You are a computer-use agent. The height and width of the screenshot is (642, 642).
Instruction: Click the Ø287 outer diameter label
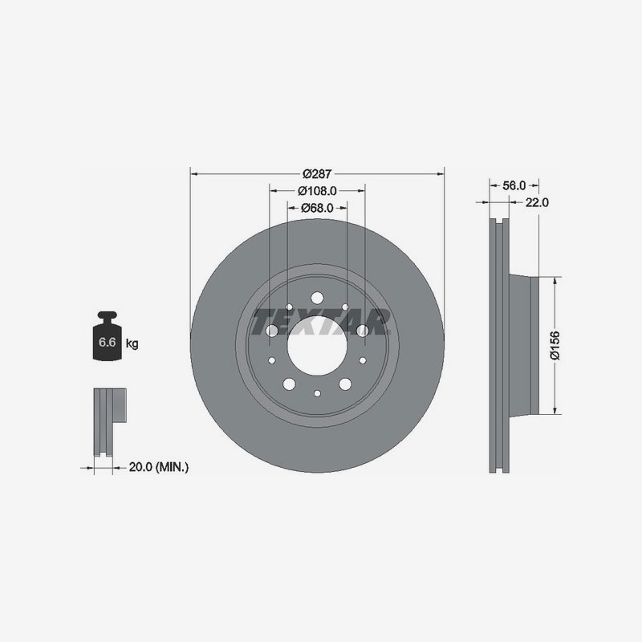point(317,173)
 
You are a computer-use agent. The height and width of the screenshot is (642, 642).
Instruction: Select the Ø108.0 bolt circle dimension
point(316,191)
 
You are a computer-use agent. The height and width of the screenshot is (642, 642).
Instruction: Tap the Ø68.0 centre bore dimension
point(316,209)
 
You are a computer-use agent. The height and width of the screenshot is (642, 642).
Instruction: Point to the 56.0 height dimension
point(514,185)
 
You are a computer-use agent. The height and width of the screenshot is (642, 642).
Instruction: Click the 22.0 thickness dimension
point(537,203)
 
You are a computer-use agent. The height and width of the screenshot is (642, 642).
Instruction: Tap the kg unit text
point(132,343)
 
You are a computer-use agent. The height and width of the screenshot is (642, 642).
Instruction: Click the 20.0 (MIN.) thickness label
point(159,466)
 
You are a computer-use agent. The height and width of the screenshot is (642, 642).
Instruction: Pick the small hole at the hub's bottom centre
point(317,393)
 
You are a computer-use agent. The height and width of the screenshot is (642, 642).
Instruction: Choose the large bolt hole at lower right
point(345,384)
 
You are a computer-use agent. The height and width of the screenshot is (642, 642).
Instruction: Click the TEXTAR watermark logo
point(319,322)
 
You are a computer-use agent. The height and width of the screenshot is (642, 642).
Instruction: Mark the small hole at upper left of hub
point(289,307)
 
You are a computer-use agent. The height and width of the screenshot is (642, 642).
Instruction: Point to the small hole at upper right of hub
point(345,307)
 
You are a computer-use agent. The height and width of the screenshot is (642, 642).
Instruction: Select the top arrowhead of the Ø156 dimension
point(555,279)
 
